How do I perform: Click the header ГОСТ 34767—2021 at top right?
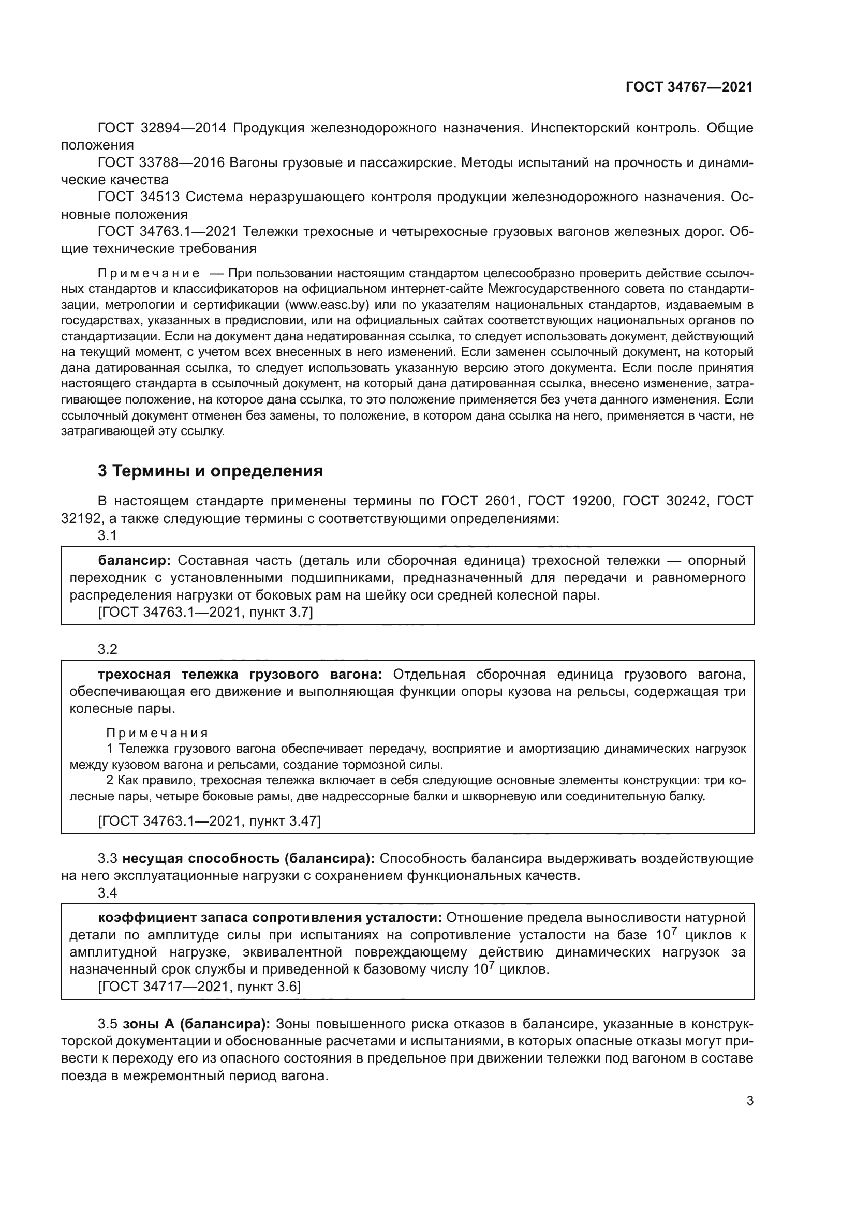pos(689,87)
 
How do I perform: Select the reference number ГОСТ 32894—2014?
pos(162,128)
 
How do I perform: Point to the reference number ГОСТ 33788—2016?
pos(162,163)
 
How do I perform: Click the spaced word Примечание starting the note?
pos(149,273)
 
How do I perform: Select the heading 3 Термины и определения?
pos(210,471)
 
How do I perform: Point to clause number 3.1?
pos(107,535)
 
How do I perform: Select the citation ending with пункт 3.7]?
pos(205,612)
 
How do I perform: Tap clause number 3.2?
pos(107,649)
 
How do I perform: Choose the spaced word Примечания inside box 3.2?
pos(157,733)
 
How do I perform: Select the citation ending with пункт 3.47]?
pos(209,821)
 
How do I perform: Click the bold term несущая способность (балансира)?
pos(248,859)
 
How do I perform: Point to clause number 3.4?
pos(107,893)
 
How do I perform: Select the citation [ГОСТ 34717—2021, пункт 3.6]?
pos(199,987)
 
